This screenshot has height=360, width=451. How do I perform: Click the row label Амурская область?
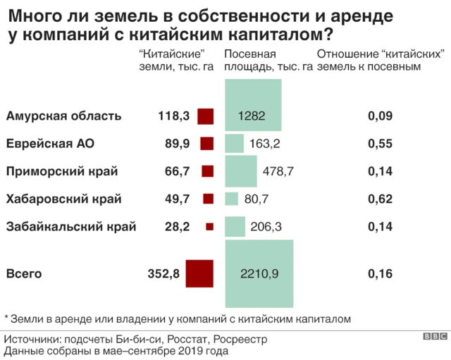coord(63,116)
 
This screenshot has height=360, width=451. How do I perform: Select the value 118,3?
coord(174,116)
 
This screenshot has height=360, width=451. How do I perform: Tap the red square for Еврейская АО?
coord(206,144)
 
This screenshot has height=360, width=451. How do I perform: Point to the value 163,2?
coord(265,144)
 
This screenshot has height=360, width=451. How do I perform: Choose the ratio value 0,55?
coord(380,144)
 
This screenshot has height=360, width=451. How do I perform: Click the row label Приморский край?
coord(62,171)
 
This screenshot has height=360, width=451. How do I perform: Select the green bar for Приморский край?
coord(240,171)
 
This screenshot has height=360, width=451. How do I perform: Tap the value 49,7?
coord(176,199)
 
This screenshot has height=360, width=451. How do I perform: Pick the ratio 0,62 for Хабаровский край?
coord(380,199)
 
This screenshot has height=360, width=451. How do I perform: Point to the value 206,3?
coord(267,226)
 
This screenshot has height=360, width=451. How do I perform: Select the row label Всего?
coord(24,273)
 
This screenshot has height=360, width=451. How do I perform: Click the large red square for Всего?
coord(199,273)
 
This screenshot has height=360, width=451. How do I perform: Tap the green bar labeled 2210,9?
coord(258,273)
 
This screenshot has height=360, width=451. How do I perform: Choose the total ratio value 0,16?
coord(380,273)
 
